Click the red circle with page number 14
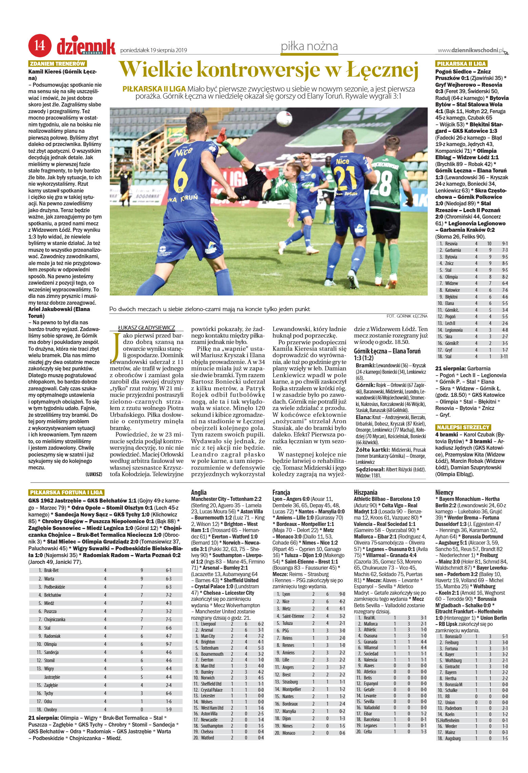coord(40,45)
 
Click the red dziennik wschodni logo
coord(86,46)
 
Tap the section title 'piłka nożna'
coord(309,46)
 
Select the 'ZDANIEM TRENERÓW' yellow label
coord(58,64)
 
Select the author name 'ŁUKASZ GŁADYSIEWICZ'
coord(146,328)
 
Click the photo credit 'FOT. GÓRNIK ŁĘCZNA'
coord(407,316)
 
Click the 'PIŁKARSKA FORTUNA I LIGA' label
coord(66,492)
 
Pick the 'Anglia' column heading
coord(199,492)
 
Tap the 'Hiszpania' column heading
coord(365,492)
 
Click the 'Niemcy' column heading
coord(444,492)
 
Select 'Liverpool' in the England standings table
coord(208,624)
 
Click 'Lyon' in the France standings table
coord(286,594)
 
